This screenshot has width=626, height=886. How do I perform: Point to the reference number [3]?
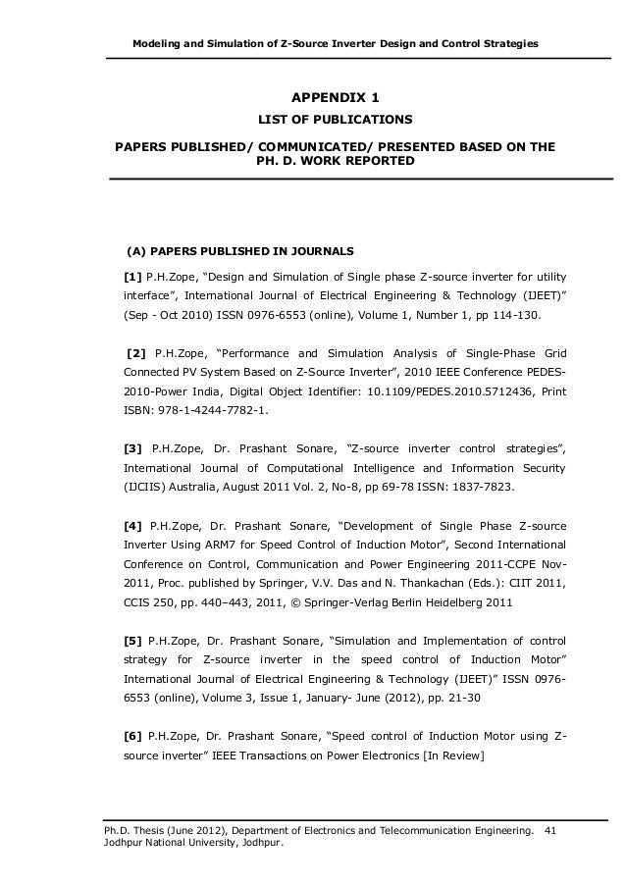pyautogui.click(x=132, y=448)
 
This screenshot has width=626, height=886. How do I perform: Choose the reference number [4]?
pyautogui.click(x=132, y=525)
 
